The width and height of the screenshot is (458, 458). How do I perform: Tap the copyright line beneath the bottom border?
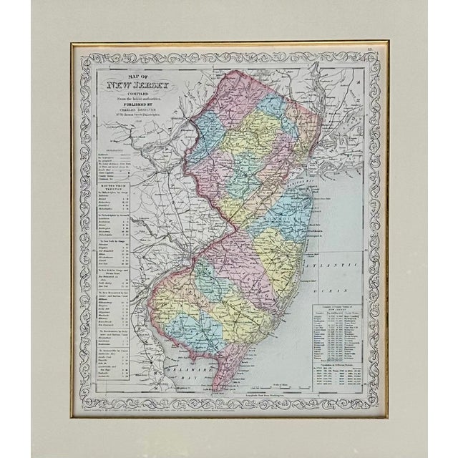point(229,413)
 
